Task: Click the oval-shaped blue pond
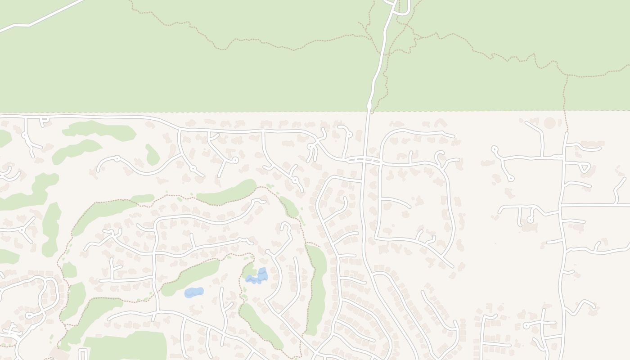194,292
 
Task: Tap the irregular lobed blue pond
258,277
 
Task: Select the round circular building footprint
549,123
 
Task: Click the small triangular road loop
585,167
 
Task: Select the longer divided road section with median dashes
364,159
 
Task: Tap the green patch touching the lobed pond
248,270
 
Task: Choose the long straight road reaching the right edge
594,205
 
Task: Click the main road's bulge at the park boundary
369,106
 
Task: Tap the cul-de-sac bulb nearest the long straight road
530,220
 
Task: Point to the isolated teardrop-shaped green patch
152,156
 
